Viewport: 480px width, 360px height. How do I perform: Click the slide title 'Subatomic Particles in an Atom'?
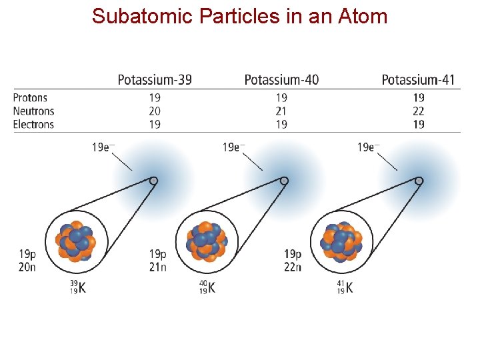pyautogui.click(x=240, y=16)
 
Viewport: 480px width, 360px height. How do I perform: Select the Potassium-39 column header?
pyautogui.click(x=155, y=80)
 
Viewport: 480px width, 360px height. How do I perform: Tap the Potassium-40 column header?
pyautogui.click(x=281, y=80)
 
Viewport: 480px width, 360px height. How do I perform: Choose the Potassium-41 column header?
pyautogui.click(x=418, y=80)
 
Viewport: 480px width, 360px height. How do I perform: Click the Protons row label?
pyautogui.click(x=30, y=98)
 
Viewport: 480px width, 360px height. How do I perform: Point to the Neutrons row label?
pyautogui.click(x=33, y=111)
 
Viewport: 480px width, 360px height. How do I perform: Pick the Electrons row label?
pyautogui.click(x=33, y=124)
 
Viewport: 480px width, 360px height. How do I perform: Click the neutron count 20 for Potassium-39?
pyautogui.click(x=155, y=111)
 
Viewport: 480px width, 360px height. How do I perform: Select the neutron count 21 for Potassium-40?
pyautogui.click(x=281, y=111)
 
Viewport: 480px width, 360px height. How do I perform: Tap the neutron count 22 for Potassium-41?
pyautogui.click(x=418, y=111)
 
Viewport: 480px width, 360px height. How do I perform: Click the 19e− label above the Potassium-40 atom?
pyautogui.click(x=233, y=147)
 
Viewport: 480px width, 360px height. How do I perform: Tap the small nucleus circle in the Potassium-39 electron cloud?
pyautogui.click(x=153, y=181)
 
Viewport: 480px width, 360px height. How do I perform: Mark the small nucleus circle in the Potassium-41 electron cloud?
pyautogui.click(x=419, y=181)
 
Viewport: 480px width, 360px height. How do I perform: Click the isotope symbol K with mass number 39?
pyautogui.click(x=77, y=288)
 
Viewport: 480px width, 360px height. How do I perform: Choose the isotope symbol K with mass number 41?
pyautogui.click(x=345, y=288)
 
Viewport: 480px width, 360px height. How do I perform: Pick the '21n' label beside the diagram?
pyautogui.click(x=158, y=267)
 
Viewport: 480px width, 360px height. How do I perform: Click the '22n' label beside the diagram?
pyautogui.click(x=293, y=267)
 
